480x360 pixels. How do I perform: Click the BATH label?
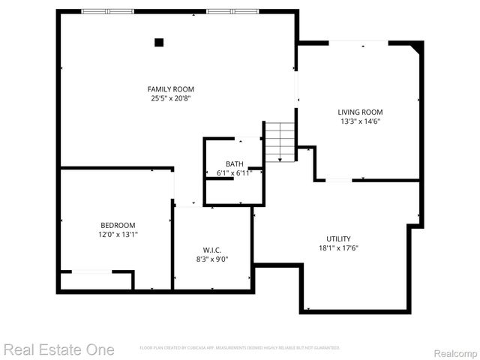point(235,164)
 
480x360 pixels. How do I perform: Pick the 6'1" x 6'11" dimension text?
point(235,173)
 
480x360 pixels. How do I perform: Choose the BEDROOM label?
point(118,225)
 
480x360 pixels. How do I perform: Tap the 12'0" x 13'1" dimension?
point(118,234)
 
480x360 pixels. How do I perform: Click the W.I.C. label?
point(211,250)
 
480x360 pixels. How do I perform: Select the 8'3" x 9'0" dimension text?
point(211,259)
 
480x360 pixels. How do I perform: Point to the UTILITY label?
point(338,238)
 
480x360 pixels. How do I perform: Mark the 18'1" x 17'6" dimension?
point(338,247)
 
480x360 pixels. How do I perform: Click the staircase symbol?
point(280,142)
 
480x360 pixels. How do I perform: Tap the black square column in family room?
point(158,43)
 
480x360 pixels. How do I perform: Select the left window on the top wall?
point(108,11)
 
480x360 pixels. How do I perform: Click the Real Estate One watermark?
point(58,349)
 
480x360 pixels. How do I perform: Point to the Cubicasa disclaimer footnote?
point(240,348)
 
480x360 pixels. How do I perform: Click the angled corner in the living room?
point(417,49)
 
